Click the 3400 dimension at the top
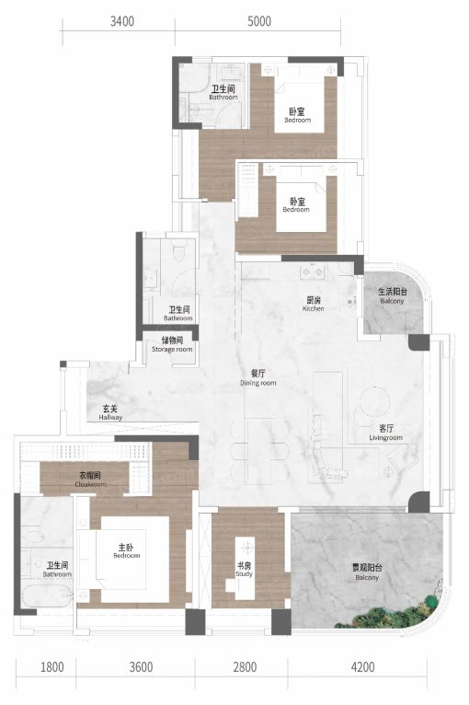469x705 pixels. (122, 21)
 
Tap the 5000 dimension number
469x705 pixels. (259, 21)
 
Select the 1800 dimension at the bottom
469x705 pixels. (52, 666)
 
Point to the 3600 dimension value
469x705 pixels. (141, 666)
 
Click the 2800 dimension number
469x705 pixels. (245, 666)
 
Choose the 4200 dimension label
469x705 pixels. (362, 666)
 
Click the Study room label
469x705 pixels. (244, 570)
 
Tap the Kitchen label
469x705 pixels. (313, 304)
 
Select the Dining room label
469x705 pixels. (257, 378)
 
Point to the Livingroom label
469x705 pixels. (386, 433)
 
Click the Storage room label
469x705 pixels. (172, 344)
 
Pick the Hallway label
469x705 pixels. (110, 412)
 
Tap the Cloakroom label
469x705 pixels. (91, 480)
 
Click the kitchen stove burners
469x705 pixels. (313, 272)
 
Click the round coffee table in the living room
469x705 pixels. (374, 402)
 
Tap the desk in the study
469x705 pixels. (245, 568)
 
